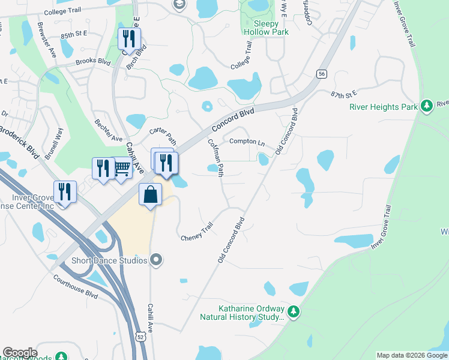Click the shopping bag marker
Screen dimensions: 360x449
150,194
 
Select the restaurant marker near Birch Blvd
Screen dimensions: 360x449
129,40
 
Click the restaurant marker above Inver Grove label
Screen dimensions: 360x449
65,192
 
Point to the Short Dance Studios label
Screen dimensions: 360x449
109,260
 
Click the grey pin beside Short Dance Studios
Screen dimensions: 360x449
156,260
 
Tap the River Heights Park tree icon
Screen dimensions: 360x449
427,106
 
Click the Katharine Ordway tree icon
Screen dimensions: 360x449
293,311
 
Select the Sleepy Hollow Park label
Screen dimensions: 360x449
265,32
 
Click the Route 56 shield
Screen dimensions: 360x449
322,73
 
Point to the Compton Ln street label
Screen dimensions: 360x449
247,141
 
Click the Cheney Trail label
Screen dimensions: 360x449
197,232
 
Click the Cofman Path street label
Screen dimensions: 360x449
215,158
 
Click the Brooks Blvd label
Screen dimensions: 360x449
94,62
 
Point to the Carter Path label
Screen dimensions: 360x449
163,136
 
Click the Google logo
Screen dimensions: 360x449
20,353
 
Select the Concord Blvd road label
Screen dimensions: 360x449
232,117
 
